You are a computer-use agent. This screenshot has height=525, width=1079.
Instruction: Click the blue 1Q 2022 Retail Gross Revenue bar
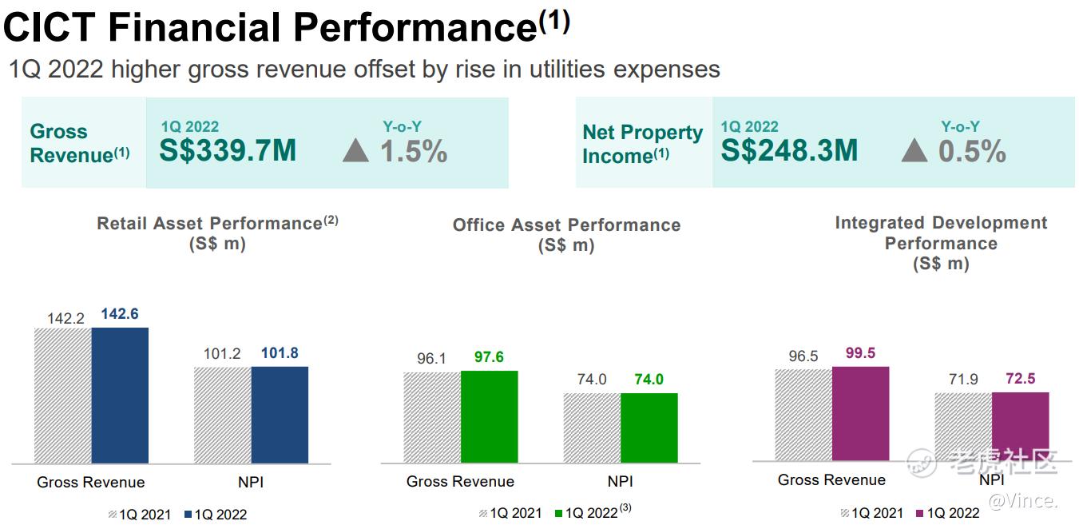click(x=120, y=396)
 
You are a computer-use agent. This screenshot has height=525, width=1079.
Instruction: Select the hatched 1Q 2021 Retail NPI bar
click(x=223, y=415)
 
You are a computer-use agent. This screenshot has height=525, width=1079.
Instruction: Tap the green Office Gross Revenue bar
click(x=489, y=416)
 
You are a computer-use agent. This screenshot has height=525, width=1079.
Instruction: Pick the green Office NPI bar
click(x=649, y=428)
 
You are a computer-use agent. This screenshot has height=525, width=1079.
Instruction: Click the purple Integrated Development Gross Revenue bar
click(x=860, y=413)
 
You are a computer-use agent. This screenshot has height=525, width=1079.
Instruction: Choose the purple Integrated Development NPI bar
click(x=1020, y=426)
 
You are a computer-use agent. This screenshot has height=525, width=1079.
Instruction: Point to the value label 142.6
click(x=120, y=314)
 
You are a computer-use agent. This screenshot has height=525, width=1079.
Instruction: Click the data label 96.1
click(x=431, y=358)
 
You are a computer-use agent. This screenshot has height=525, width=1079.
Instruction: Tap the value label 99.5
click(x=860, y=353)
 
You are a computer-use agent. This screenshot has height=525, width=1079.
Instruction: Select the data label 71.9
click(x=963, y=379)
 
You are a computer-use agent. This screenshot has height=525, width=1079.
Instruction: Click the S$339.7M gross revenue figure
click(x=228, y=150)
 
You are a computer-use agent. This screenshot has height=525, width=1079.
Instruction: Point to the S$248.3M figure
click(x=789, y=150)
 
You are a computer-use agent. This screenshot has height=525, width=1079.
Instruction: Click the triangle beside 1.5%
click(x=355, y=150)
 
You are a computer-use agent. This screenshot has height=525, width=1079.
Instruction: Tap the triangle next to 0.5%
click(x=914, y=150)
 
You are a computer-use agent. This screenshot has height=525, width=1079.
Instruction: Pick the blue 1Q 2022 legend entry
click(x=216, y=515)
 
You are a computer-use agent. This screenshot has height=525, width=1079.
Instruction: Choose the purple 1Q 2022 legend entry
click(x=947, y=513)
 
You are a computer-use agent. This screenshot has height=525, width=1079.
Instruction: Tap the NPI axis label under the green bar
click(x=620, y=481)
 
